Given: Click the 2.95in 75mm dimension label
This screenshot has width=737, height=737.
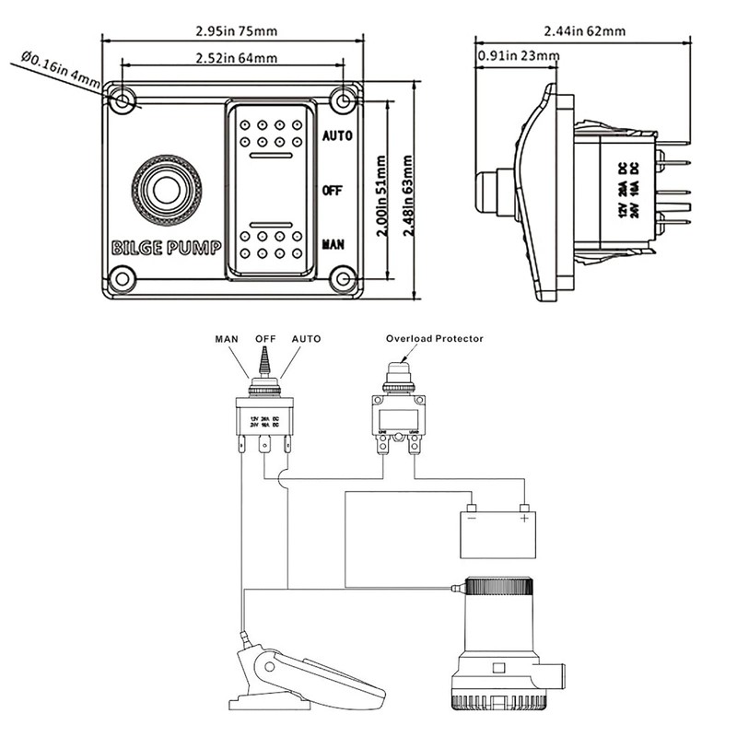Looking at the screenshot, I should (237, 30).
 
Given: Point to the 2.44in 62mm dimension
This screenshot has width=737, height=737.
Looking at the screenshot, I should (584, 30).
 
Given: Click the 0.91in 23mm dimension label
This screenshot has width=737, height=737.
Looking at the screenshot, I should (519, 57).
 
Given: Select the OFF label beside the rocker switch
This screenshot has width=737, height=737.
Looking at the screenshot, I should (332, 190).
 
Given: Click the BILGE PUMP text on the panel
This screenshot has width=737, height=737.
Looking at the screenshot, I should (166, 248).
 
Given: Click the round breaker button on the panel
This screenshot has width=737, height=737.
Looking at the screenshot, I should (166, 191).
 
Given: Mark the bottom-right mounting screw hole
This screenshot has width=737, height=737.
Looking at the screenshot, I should (345, 276).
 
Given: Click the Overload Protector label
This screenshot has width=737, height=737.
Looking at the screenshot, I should (435, 339).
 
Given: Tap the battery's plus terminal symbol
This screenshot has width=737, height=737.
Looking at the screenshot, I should (525, 520).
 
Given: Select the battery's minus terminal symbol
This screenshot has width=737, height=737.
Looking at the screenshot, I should (470, 520).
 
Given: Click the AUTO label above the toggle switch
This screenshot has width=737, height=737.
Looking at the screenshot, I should (306, 339).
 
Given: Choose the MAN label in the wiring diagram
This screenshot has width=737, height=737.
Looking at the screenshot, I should (227, 339).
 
